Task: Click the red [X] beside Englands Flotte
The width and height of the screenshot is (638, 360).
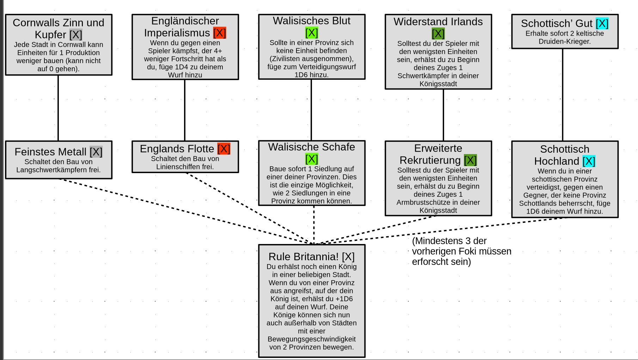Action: coord(224,149)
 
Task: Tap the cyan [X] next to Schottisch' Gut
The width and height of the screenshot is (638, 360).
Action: coord(602,24)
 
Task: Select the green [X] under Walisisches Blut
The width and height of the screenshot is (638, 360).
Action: coord(312,33)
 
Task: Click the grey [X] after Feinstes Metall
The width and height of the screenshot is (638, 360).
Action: coord(96,152)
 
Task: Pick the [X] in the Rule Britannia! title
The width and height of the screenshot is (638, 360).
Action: coord(348,257)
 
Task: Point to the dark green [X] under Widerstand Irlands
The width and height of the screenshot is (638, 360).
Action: coord(438,34)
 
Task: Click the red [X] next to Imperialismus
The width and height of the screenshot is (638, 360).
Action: coord(220,33)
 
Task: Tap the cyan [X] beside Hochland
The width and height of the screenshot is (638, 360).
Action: coord(589,161)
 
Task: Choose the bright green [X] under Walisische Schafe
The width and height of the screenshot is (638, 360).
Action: coord(312,159)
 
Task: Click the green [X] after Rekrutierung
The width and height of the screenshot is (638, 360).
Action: coord(470,160)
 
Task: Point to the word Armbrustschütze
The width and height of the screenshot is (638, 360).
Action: coord(438,202)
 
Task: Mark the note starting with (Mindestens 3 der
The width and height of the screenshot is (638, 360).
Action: coord(461,251)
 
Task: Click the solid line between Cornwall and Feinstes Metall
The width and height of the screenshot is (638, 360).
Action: coord(58,108)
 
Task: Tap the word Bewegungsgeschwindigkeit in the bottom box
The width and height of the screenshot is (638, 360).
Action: coord(312,339)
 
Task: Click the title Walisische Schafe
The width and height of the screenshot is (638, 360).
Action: coord(312,147)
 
